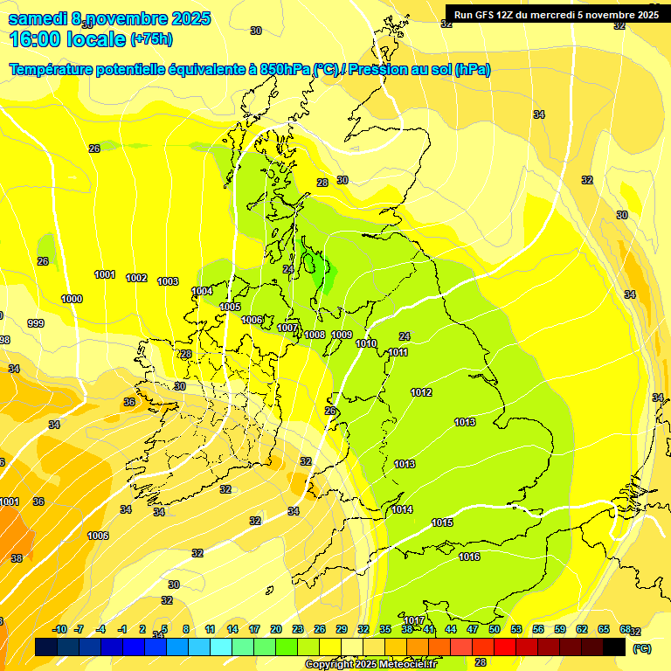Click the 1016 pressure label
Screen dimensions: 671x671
469,557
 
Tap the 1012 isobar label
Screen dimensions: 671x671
421,392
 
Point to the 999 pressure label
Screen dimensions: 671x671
36,323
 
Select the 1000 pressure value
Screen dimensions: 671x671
72,299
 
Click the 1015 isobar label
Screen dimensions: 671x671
442,522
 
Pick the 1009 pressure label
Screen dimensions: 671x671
342,335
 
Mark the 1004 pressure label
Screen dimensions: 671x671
203,291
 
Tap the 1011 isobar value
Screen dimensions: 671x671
398,352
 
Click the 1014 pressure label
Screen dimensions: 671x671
402,509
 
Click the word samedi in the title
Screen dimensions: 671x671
36,18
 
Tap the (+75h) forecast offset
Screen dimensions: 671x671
152,39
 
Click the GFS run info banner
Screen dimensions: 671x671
556,14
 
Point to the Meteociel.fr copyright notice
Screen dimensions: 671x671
370,664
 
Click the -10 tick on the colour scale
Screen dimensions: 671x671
59,629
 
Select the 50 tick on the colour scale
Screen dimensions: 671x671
495,629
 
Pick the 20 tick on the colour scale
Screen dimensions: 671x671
276,629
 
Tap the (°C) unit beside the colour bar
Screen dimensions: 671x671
640,648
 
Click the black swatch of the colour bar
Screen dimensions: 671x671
614,647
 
